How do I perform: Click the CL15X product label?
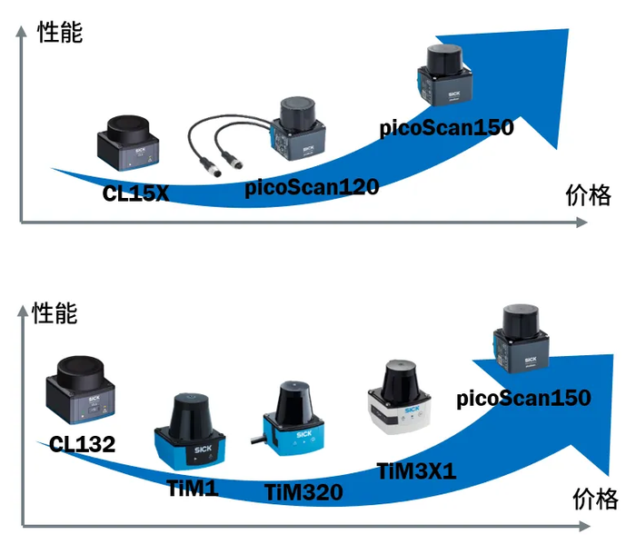[135, 193]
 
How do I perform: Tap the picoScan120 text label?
[312, 188]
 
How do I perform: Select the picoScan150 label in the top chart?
[446, 128]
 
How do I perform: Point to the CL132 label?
[82, 445]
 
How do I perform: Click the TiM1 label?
[193, 489]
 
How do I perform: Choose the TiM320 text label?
[303, 492]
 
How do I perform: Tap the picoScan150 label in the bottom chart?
[523, 398]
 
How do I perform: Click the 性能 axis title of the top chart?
[60, 33]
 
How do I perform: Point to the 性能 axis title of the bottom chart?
[55, 314]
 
